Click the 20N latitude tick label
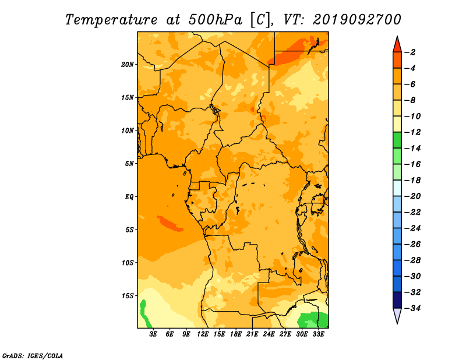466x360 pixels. click(x=127, y=65)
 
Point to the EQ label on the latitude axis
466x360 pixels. click(x=129, y=197)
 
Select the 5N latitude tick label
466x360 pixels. click(x=129, y=164)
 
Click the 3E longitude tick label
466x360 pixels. click(x=153, y=334)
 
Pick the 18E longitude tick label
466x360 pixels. click(x=236, y=334)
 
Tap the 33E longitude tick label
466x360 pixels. click(x=318, y=334)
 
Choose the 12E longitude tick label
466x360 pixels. click(x=203, y=334)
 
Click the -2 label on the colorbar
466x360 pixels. click(x=411, y=52)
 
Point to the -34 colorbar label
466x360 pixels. click(x=413, y=308)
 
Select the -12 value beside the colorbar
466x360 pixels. click(x=413, y=132)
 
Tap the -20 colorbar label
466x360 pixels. click(x=413, y=196)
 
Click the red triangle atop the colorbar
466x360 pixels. click(x=397, y=45)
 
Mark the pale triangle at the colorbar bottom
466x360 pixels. click(x=397, y=315)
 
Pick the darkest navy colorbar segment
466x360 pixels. click(x=397, y=300)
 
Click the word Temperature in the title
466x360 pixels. click(x=111, y=20)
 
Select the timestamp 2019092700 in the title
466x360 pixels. click(x=356, y=20)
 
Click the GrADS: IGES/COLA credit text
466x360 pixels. click(x=33, y=356)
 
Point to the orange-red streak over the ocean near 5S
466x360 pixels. click(x=170, y=224)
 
